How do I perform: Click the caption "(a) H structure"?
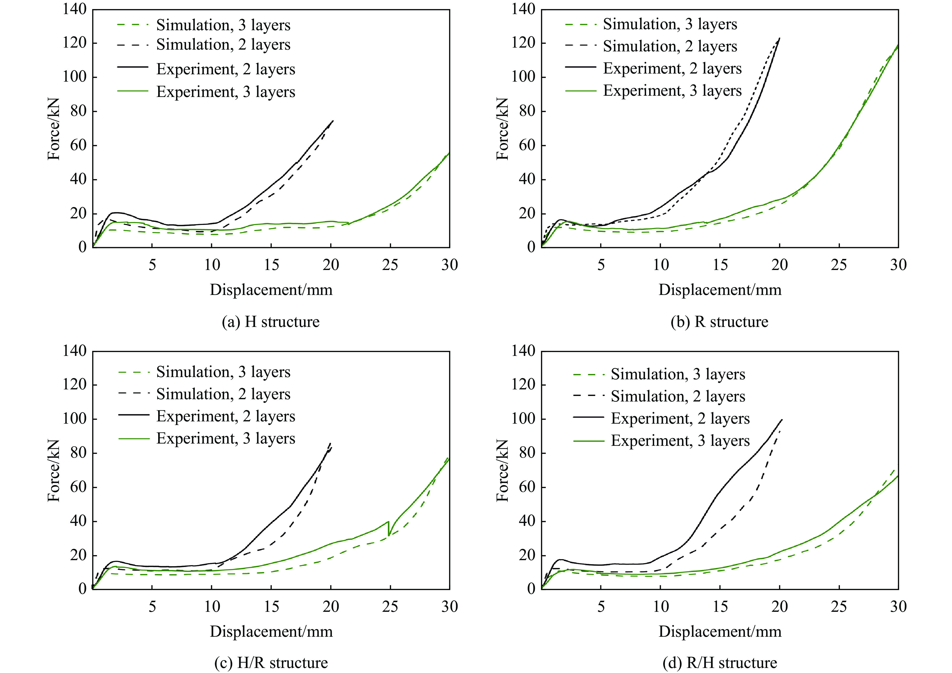[271, 322]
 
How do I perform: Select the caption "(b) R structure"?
[719, 322]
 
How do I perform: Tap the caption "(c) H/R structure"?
[271, 663]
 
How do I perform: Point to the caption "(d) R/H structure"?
[719, 663]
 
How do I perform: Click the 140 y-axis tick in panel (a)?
[75, 9]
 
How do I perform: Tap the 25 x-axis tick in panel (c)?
[390, 607]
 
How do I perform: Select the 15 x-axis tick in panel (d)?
[720, 607]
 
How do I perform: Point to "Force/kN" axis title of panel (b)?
[502, 128]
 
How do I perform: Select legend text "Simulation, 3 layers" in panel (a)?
[223, 25]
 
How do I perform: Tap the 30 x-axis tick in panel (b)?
[898, 265]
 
